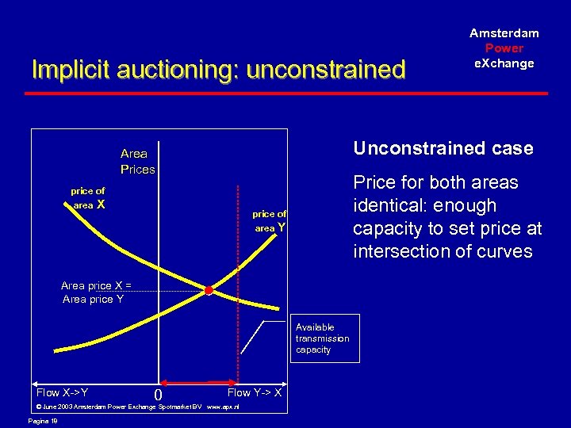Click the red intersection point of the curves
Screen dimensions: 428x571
click(209, 291)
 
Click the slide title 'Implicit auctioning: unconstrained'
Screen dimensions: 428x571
click(218, 71)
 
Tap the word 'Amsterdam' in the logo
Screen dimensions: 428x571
click(504, 33)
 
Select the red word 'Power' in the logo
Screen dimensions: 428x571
click(504, 48)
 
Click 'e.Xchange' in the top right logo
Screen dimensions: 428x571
click(504, 63)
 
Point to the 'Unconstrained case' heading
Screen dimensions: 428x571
click(443, 148)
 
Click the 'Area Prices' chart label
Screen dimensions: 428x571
click(137, 162)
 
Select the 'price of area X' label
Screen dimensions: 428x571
click(88, 198)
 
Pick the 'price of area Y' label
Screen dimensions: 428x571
click(270, 221)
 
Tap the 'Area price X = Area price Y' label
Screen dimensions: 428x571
click(94, 292)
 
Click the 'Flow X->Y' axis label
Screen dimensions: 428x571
click(62, 392)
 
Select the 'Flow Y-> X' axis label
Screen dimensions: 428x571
click(255, 392)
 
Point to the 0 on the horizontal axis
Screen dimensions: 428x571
click(159, 395)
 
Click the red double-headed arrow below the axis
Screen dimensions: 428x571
click(199, 380)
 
